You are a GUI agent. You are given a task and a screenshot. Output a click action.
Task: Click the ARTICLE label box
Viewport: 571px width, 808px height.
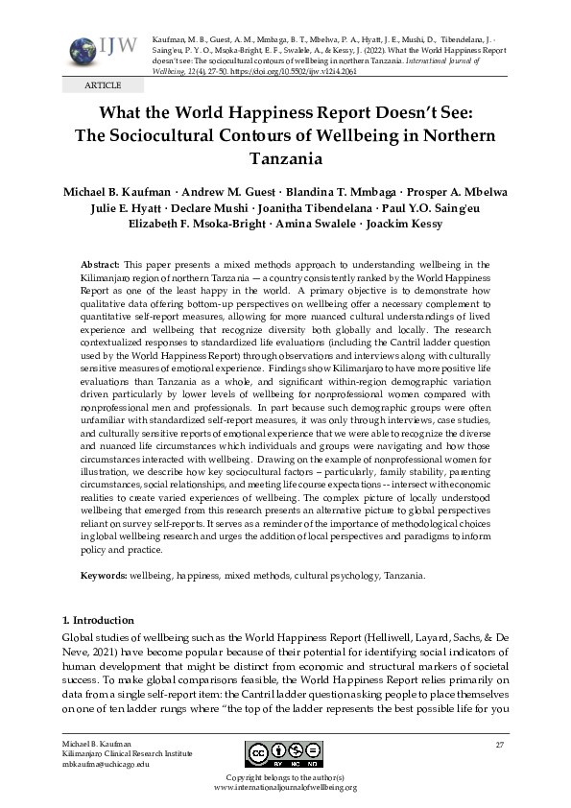(96, 85)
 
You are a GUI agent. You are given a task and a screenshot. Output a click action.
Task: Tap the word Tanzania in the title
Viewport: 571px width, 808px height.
(285, 158)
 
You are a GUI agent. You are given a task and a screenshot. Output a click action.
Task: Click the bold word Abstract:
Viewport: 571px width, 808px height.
(100, 264)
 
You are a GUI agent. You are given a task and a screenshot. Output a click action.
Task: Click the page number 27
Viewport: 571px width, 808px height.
(499, 746)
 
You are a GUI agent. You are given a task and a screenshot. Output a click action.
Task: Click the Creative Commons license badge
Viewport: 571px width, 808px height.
(285, 753)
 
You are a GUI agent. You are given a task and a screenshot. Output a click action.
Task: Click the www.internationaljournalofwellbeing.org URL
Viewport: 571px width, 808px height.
(285, 787)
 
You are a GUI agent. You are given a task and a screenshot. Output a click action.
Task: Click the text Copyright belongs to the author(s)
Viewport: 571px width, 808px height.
(285, 776)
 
